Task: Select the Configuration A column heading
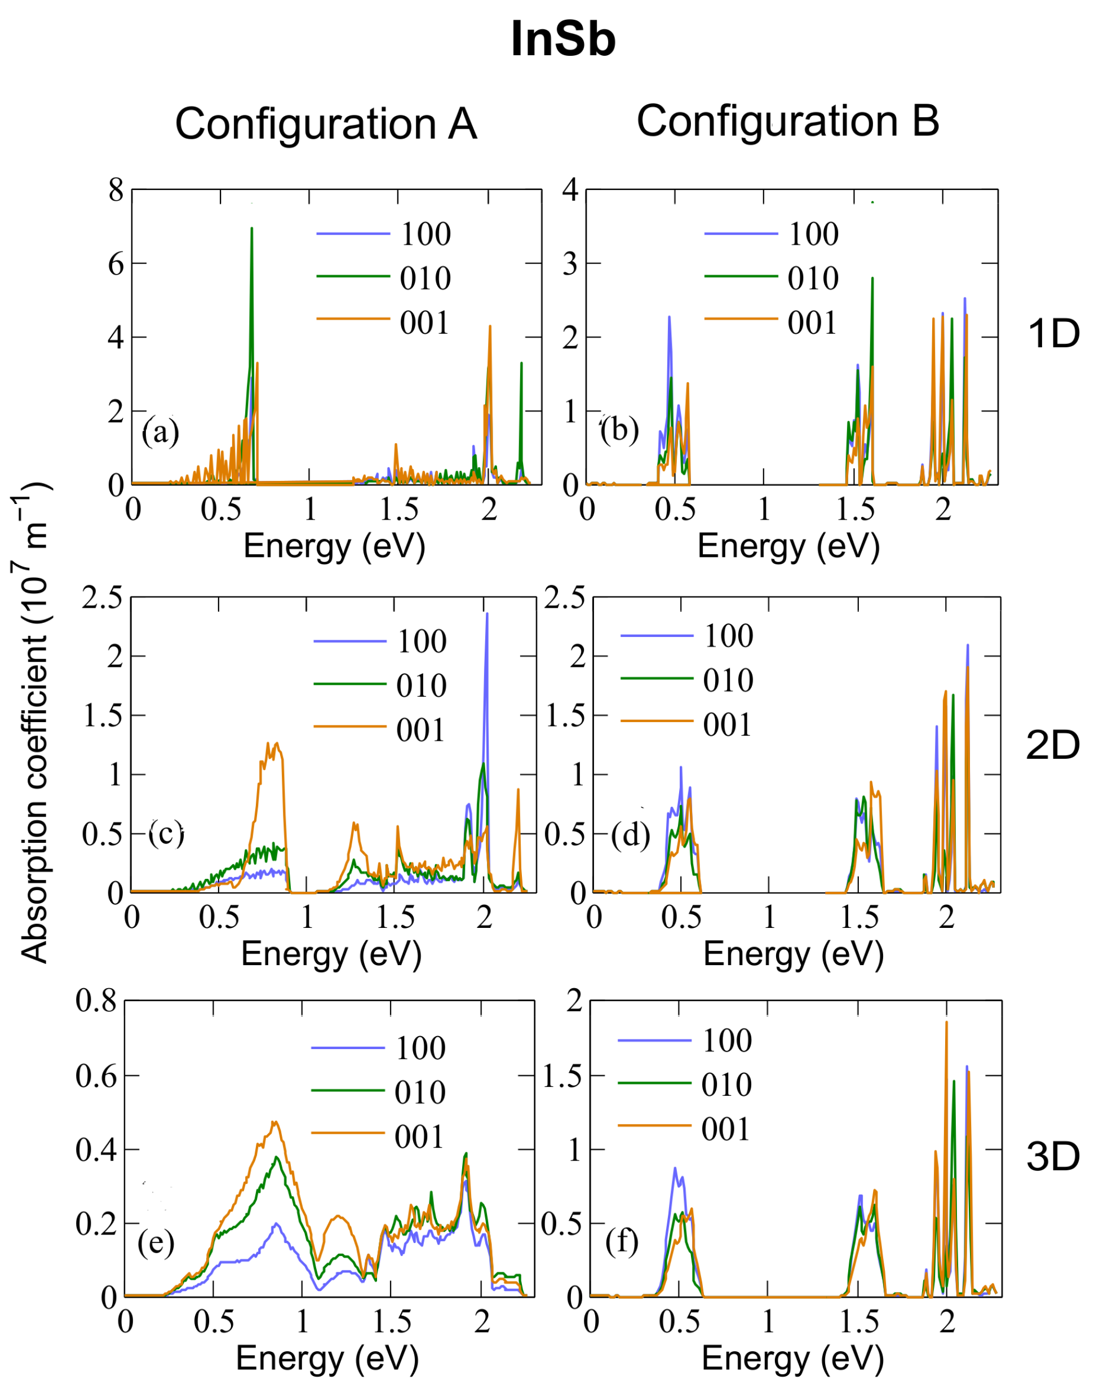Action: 326,123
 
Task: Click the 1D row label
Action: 1053,334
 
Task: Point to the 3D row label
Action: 1053,1157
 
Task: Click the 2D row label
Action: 1053,745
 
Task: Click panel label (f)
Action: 621,1242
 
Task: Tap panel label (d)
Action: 630,835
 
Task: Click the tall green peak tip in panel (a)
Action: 251,228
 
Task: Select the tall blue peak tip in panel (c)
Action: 487,613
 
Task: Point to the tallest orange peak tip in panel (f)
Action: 946,1022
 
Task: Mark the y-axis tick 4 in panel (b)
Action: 570,190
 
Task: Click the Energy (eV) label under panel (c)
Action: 331,953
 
